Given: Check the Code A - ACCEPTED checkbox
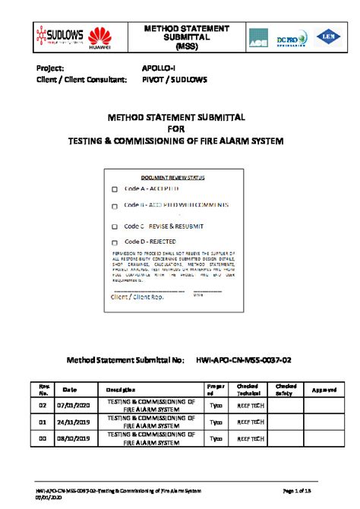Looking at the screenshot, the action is [115, 189].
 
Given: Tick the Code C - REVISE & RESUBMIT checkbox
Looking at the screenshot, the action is [115, 226].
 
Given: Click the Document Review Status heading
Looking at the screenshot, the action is [173, 177].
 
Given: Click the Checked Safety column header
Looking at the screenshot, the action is [286, 390].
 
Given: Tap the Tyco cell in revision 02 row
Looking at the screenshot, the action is [216, 406].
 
